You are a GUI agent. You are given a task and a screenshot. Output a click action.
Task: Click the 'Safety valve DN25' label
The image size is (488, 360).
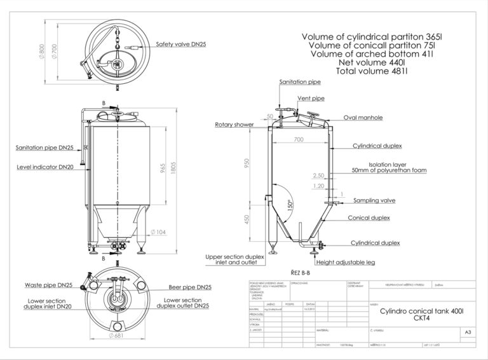pyautogui.click(x=180, y=45)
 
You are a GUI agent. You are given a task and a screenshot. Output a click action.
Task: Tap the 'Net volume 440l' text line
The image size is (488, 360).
pyautogui.click(x=372, y=63)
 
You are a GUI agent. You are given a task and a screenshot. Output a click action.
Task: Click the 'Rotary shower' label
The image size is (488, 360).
pyautogui.click(x=234, y=125)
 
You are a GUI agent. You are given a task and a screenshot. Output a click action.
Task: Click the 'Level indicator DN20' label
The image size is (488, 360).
pyautogui.click(x=46, y=167)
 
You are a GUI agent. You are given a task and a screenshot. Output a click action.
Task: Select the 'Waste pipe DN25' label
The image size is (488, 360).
pyautogui.click(x=48, y=285)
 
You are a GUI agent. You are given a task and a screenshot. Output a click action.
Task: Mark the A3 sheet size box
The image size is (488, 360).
pyautogui.click(x=469, y=332)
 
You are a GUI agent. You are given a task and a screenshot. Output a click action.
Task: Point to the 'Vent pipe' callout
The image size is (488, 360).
pyautogui.click(x=311, y=99)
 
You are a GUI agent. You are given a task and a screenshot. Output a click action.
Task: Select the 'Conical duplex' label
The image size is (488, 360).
pyautogui.click(x=369, y=218)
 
